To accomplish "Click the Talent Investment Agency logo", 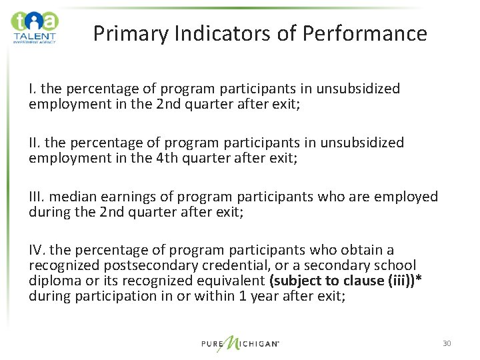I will [x=35, y=27].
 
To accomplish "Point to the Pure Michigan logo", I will [x=239, y=342].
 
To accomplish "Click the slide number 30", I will [x=447, y=343].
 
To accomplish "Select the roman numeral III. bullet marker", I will [x=37, y=197].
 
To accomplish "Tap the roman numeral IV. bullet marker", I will [x=37, y=251].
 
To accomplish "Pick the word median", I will [x=73, y=197].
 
